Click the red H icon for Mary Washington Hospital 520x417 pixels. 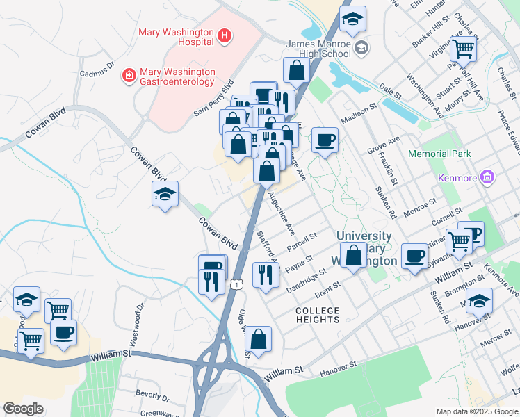click(224, 35)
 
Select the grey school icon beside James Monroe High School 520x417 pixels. click(361, 48)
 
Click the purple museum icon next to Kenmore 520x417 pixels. click(488, 178)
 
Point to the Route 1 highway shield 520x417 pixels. click(238, 284)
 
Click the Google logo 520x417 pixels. click(24, 409)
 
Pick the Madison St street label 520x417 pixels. click(358, 115)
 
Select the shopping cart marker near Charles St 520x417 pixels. click(462, 49)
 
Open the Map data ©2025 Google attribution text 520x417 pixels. click(476, 411)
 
